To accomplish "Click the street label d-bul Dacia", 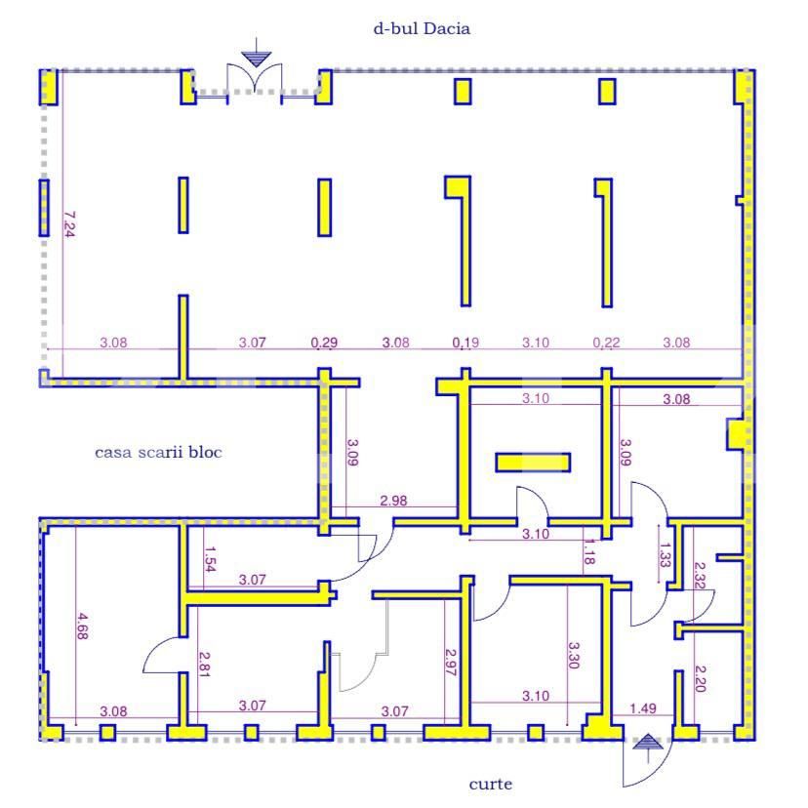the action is click(x=422, y=28).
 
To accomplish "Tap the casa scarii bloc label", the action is click(x=158, y=453).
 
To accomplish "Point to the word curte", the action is click(x=491, y=785).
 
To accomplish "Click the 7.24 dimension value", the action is click(x=69, y=223).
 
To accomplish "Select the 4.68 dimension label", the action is click(x=82, y=626).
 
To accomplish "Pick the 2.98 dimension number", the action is click(x=393, y=501).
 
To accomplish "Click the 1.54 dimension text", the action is click(x=210, y=559).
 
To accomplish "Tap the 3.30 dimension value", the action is click(x=574, y=655).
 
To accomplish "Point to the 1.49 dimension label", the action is click(x=643, y=708).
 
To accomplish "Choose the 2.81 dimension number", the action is click(x=205, y=665).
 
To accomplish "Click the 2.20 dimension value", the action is click(x=701, y=678).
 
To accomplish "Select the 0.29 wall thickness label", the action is click(x=324, y=343).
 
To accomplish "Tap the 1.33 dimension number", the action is click(x=666, y=555).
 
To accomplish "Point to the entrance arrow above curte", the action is click(x=648, y=747).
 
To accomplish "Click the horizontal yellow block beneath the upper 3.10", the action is click(x=533, y=463).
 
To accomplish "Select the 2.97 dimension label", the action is click(x=451, y=662).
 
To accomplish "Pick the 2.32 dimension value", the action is click(x=700, y=575).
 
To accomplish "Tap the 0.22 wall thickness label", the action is click(x=606, y=343).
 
